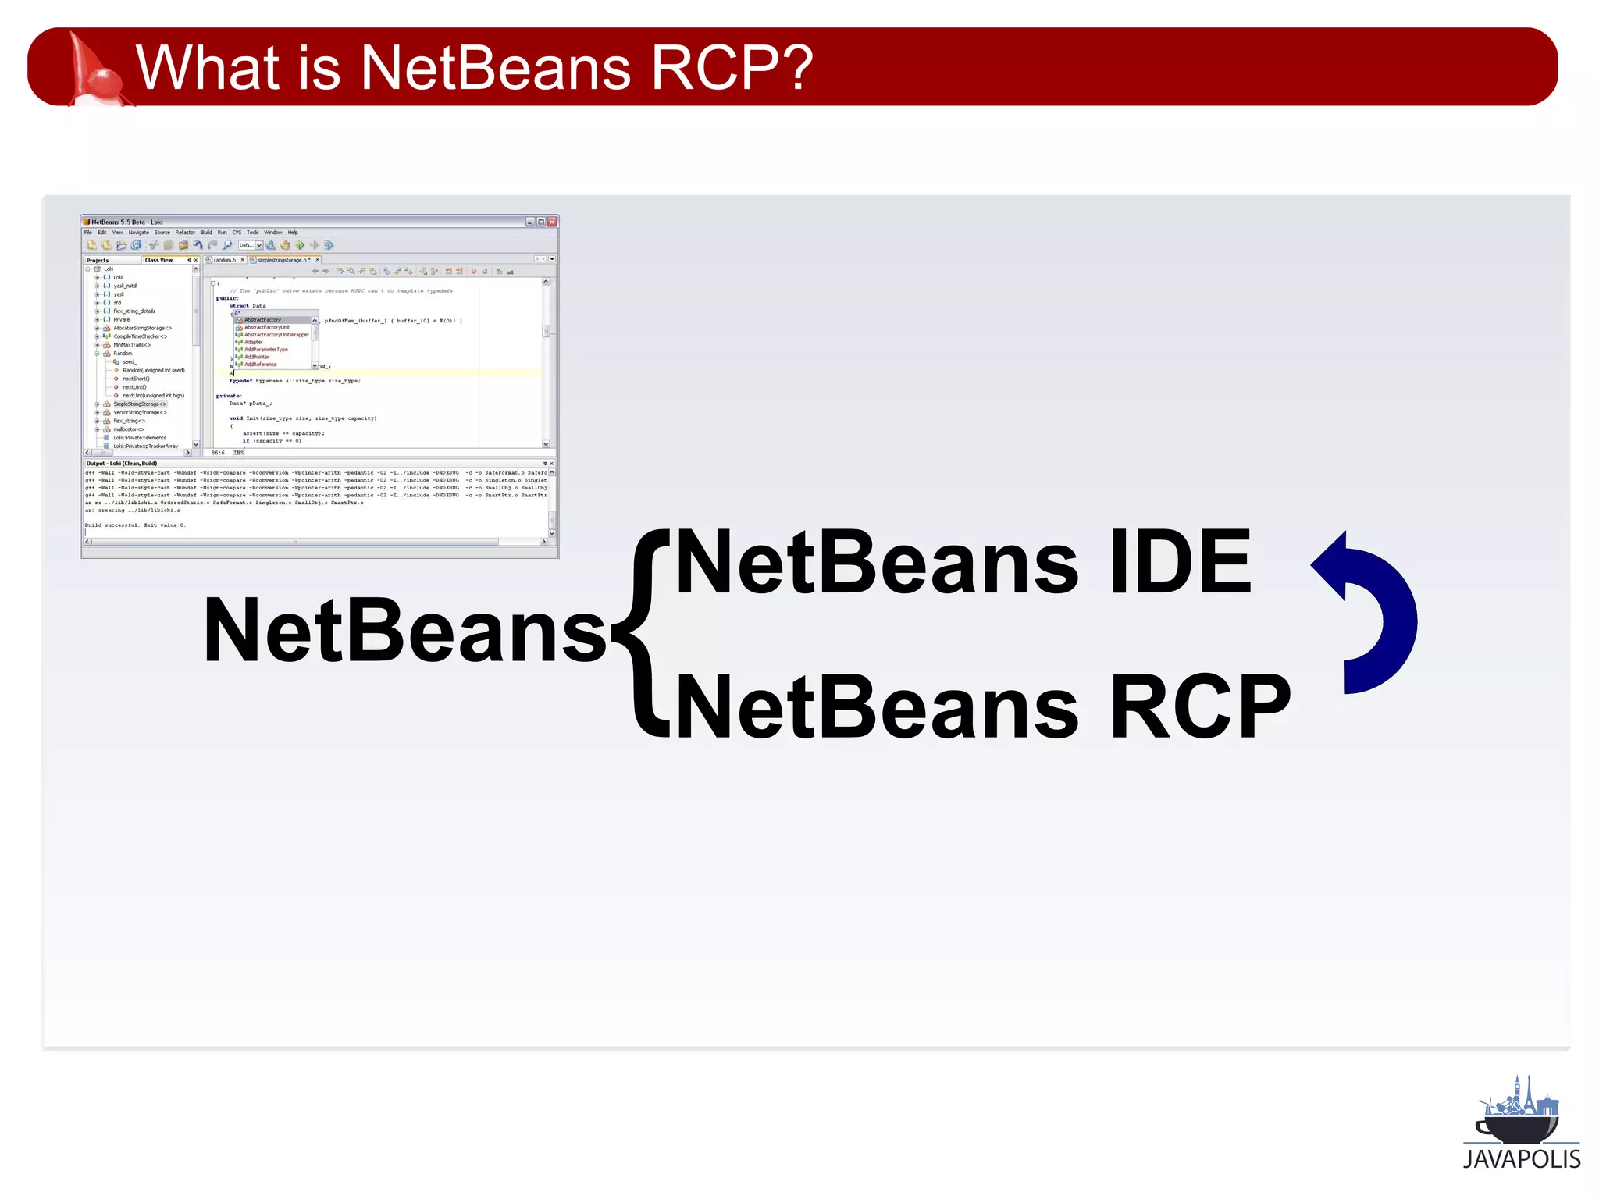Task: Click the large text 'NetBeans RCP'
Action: pyautogui.click(x=982, y=707)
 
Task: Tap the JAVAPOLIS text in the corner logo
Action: pyautogui.click(x=1521, y=1159)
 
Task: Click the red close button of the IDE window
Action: pyautogui.click(x=552, y=222)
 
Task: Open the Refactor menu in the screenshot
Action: pyautogui.click(x=185, y=233)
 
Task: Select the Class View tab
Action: pyautogui.click(x=158, y=260)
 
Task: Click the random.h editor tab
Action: pyautogui.click(x=224, y=260)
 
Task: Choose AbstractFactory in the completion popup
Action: pyautogui.click(x=262, y=320)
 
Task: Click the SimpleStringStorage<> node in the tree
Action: pyautogui.click(x=140, y=404)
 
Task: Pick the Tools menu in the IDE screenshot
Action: pyautogui.click(x=252, y=233)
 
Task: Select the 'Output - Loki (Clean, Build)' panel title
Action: pyautogui.click(x=122, y=464)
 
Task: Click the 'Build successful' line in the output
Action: pyautogui.click(x=134, y=525)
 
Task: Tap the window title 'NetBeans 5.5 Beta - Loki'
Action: pyautogui.click(x=127, y=222)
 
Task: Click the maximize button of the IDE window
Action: pyautogui.click(x=541, y=222)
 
